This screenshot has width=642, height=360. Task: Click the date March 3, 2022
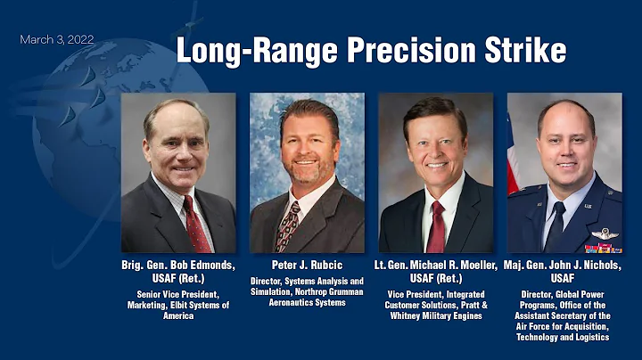point(57,40)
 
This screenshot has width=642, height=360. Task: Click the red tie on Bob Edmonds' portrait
point(193,224)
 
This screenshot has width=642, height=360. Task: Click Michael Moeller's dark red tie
point(436,226)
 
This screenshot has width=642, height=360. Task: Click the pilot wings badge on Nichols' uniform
point(604,233)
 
